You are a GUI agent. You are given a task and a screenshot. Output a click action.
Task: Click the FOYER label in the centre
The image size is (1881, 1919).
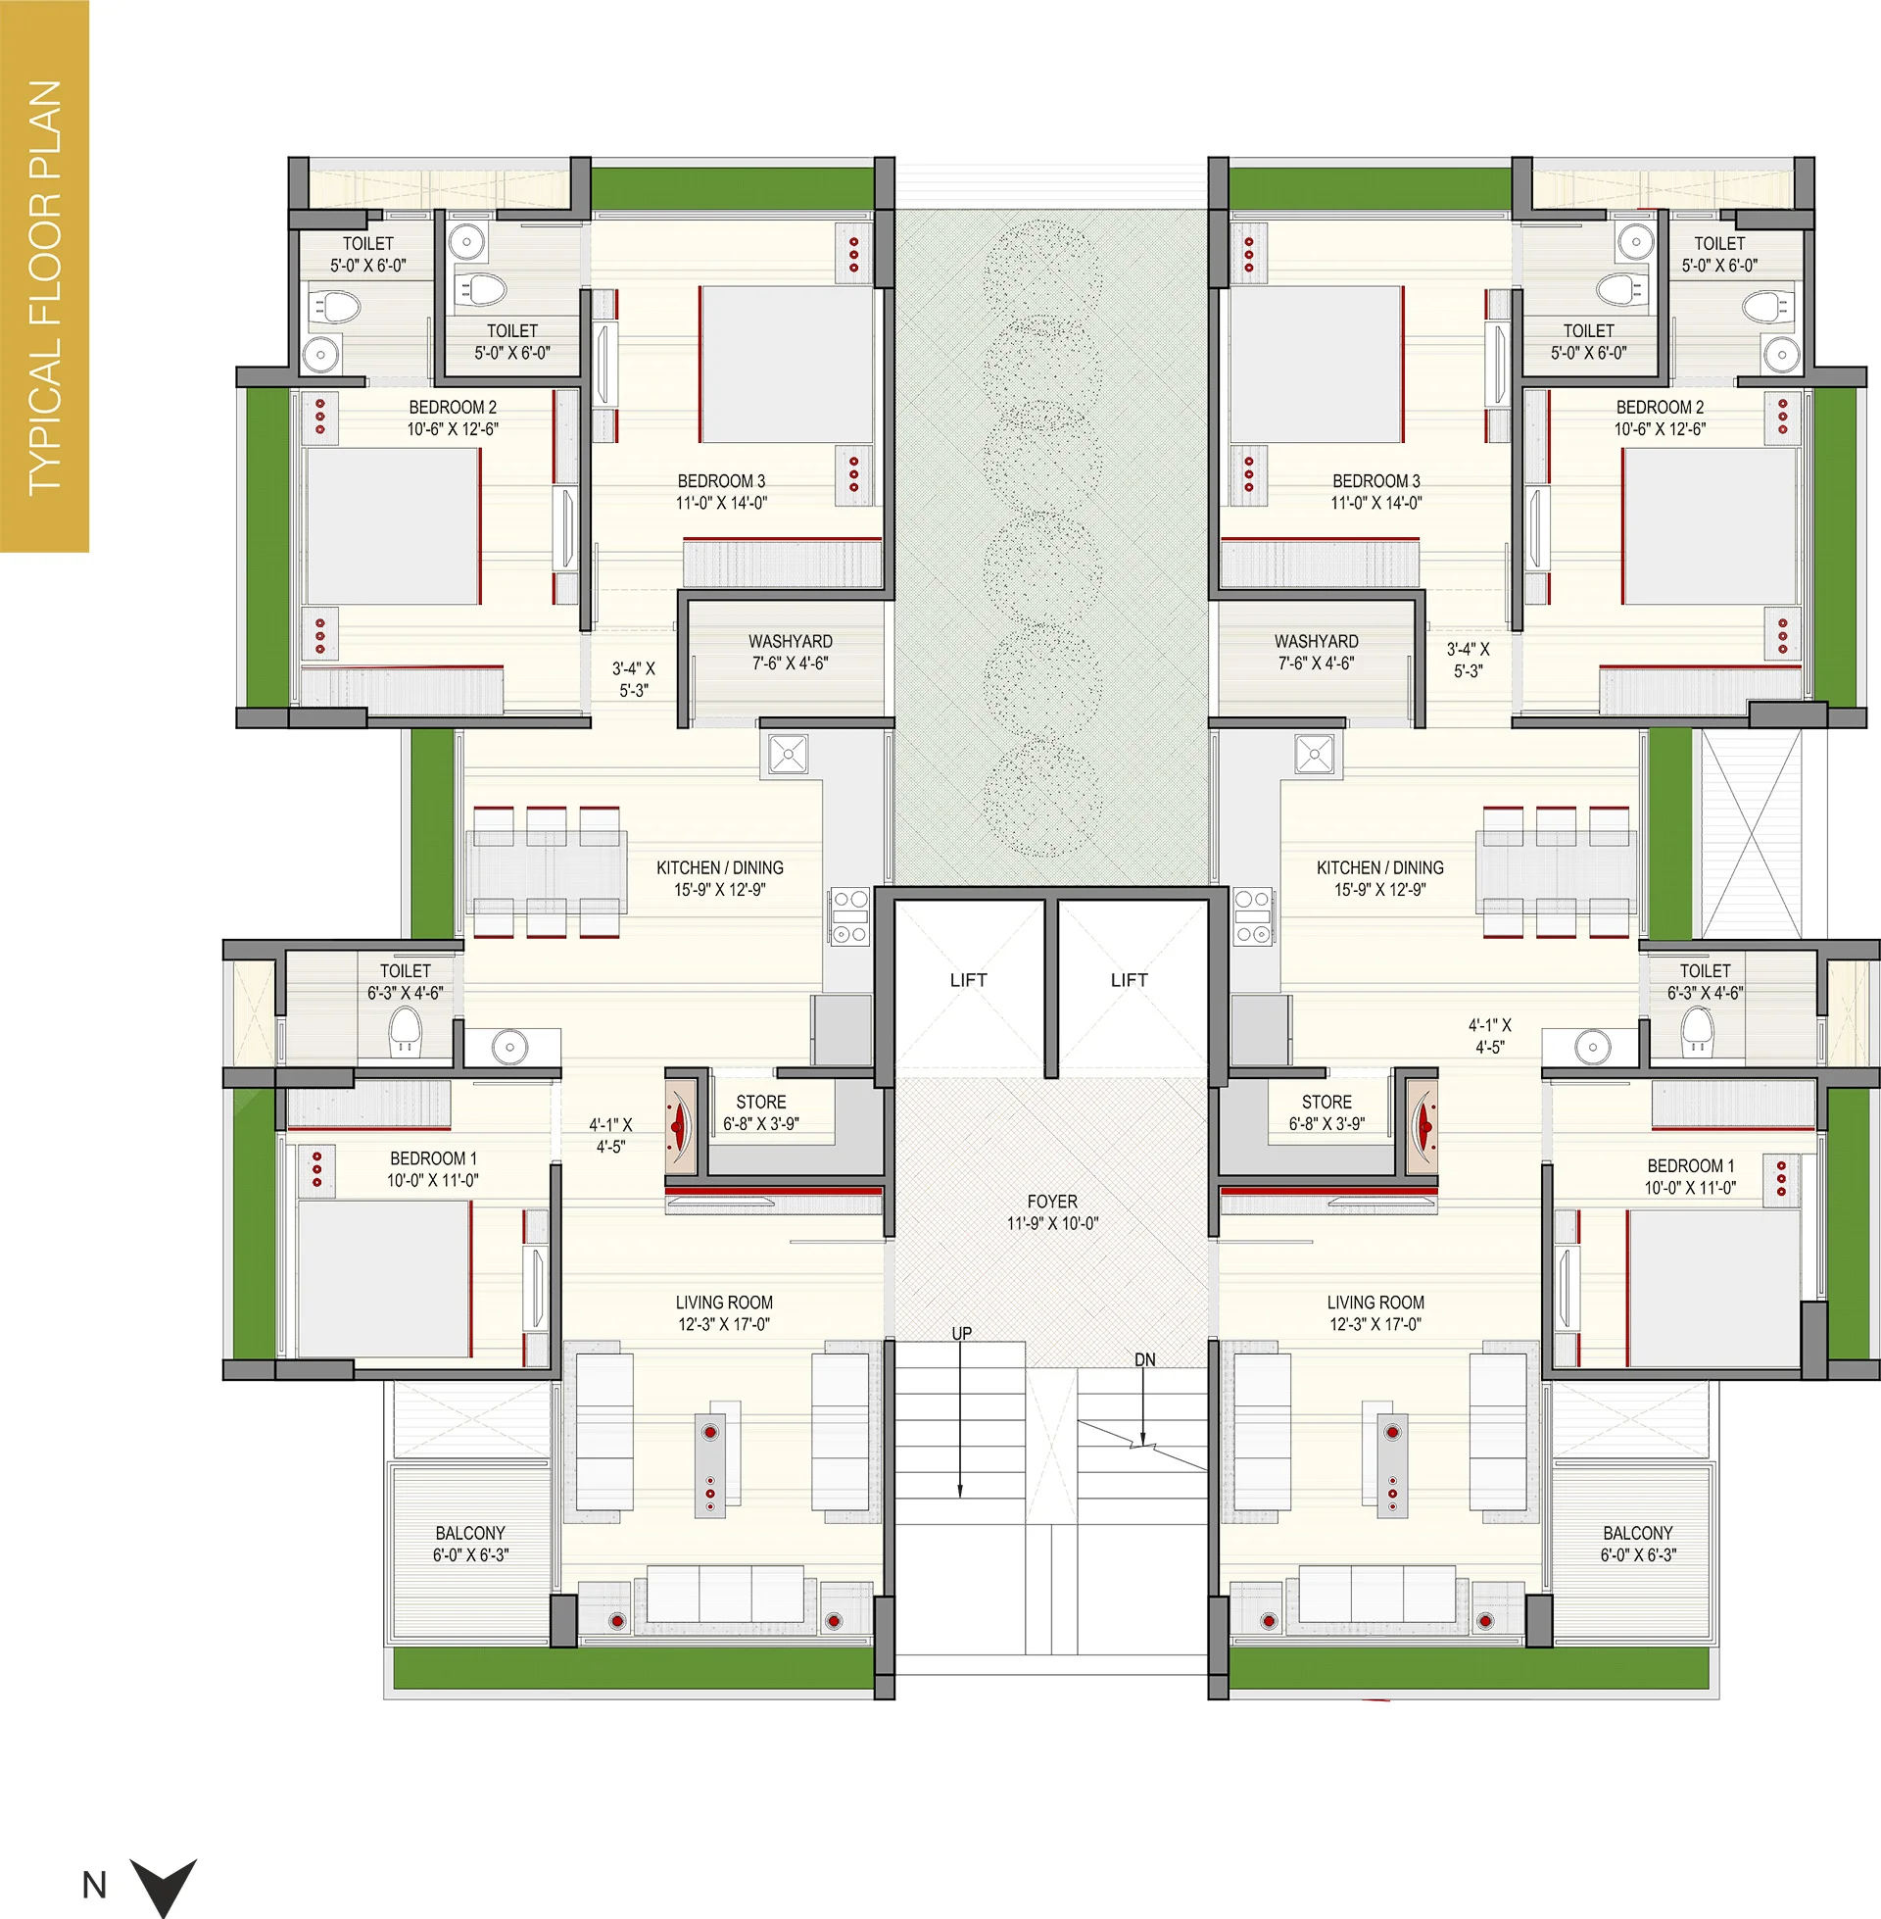pyautogui.click(x=1052, y=1202)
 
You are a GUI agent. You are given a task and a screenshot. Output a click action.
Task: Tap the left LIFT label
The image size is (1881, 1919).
pyautogui.click(x=968, y=980)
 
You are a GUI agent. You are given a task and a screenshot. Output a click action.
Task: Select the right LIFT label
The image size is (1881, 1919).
pyautogui.click(x=1130, y=980)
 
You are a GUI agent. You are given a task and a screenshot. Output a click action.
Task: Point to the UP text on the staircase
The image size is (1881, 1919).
pyautogui.click(x=961, y=1333)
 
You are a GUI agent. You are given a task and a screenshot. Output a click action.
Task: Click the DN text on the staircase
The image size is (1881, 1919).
pyautogui.click(x=1145, y=1359)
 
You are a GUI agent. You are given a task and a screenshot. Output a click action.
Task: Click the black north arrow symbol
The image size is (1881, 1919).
pyautogui.click(x=164, y=1886)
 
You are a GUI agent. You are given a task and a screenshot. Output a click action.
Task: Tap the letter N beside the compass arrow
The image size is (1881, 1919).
pyautogui.click(x=95, y=1886)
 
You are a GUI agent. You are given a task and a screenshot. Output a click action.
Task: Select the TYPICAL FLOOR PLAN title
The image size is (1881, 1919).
pyautogui.click(x=45, y=286)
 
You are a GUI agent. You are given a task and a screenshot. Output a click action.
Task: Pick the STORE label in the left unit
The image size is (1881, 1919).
pyautogui.click(x=760, y=1102)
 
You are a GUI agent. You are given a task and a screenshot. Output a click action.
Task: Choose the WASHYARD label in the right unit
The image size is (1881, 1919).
pyautogui.click(x=1316, y=641)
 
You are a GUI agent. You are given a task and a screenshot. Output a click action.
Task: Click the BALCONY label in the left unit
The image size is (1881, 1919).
pyautogui.click(x=470, y=1533)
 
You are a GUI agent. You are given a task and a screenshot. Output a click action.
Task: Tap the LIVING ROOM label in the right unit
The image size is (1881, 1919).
pyautogui.click(x=1375, y=1303)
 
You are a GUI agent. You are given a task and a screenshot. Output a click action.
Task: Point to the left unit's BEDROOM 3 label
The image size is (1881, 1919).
pyautogui.click(x=721, y=481)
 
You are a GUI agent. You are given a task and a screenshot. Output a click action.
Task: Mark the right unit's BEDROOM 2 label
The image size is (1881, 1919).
pyautogui.click(x=1660, y=407)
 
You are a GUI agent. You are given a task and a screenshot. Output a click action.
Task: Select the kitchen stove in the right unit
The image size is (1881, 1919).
pyautogui.click(x=1253, y=917)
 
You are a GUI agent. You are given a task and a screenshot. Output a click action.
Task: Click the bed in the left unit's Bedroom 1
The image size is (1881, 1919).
pyautogui.click(x=383, y=1280)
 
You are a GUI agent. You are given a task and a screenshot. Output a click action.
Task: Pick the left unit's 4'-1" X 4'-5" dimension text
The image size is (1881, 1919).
pyautogui.click(x=610, y=1135)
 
